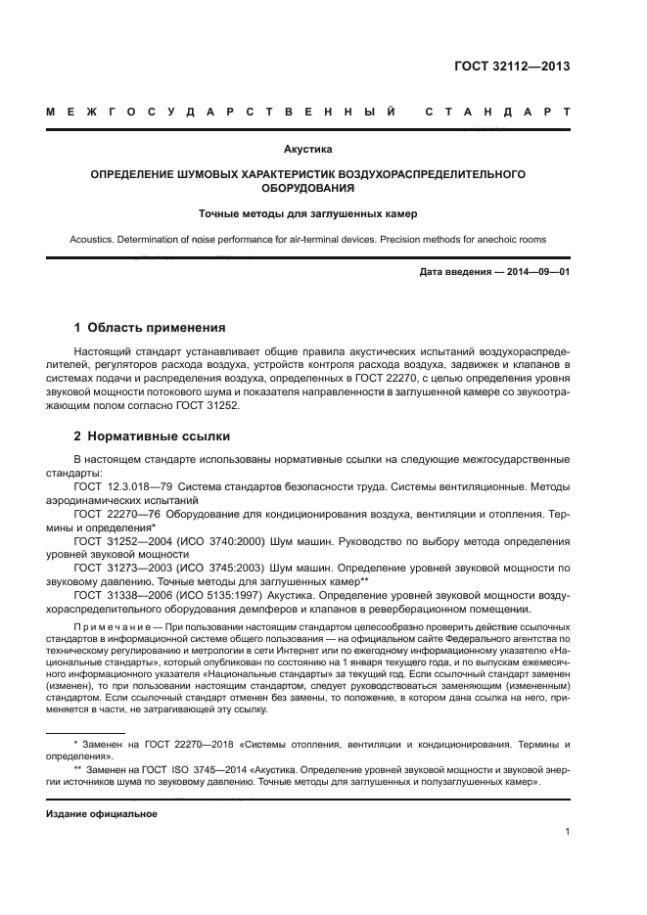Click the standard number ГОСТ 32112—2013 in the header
coord(512,67)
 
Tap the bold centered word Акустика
coord(308,150)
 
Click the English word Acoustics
coord(93,237)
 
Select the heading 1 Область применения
coord(151,327)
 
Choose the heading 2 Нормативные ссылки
coord(152,436)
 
